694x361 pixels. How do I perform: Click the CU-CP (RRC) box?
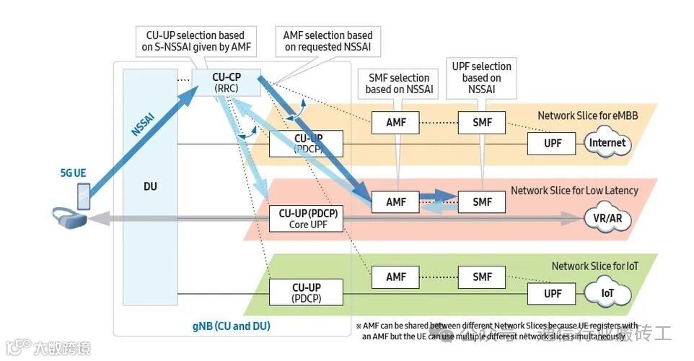(x=226, y=82)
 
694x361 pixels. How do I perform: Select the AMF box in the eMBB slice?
(x=395, y=123)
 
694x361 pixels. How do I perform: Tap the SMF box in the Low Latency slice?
(x=482, y=202)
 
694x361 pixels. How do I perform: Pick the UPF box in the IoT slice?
(x=552, y=294)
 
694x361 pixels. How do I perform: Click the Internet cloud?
(x=607, y=143)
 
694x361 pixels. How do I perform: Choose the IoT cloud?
(x=607, y=294)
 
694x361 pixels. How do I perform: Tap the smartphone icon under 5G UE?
(x=83, y=194)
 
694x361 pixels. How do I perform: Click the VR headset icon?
(x=71, y=217)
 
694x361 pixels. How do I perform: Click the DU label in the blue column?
(x=150, y=186)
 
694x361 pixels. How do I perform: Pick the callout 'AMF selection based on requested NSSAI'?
(x=329, y=40)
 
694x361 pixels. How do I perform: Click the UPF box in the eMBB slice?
(x=552, y=143)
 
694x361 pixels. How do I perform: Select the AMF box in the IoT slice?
(x=395, y=277)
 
